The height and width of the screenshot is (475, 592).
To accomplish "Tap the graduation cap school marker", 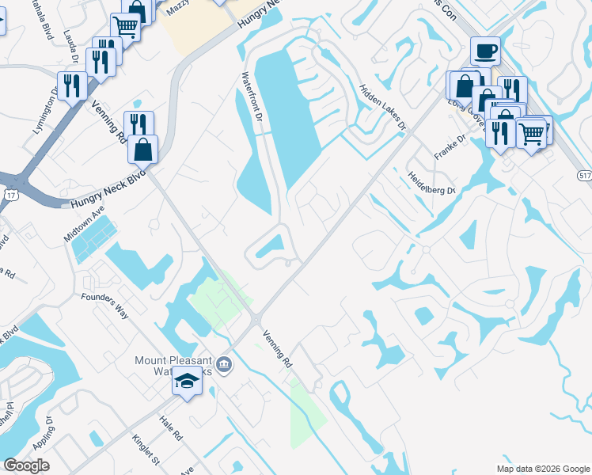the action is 188,382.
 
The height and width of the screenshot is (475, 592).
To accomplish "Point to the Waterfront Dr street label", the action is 252,96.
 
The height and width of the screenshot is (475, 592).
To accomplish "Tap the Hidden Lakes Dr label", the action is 382,107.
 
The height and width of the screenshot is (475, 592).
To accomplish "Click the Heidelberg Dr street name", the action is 432,184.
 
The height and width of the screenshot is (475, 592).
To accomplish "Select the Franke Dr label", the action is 446,146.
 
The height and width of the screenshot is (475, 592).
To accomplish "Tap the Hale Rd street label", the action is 171,429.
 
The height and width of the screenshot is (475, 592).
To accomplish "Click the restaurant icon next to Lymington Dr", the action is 72,86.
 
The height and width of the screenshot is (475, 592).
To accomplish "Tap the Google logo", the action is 26,465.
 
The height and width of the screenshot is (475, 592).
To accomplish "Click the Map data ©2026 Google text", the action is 542,469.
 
